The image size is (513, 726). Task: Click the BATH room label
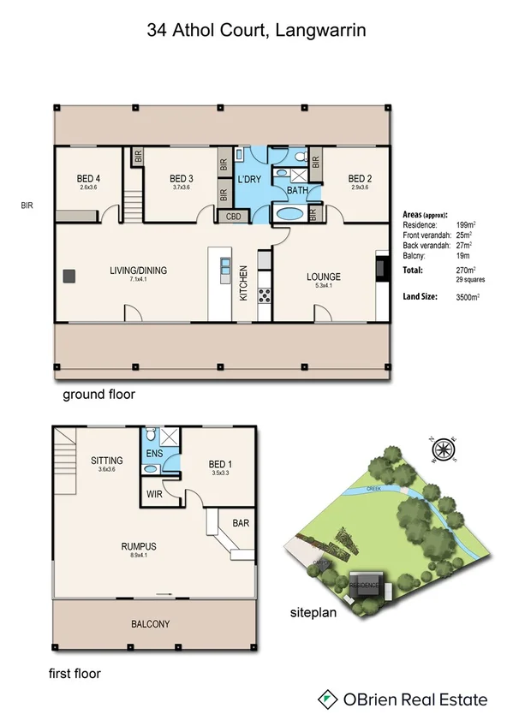297,190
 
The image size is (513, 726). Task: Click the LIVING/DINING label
138,271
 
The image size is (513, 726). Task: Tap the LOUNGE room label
324,277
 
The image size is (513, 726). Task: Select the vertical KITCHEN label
244,283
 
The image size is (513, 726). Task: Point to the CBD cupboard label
235,217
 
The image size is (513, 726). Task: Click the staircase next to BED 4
131,205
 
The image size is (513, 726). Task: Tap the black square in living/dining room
69,276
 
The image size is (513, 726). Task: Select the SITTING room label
107,461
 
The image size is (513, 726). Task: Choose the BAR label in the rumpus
240,520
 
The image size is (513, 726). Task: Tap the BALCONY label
155,623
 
